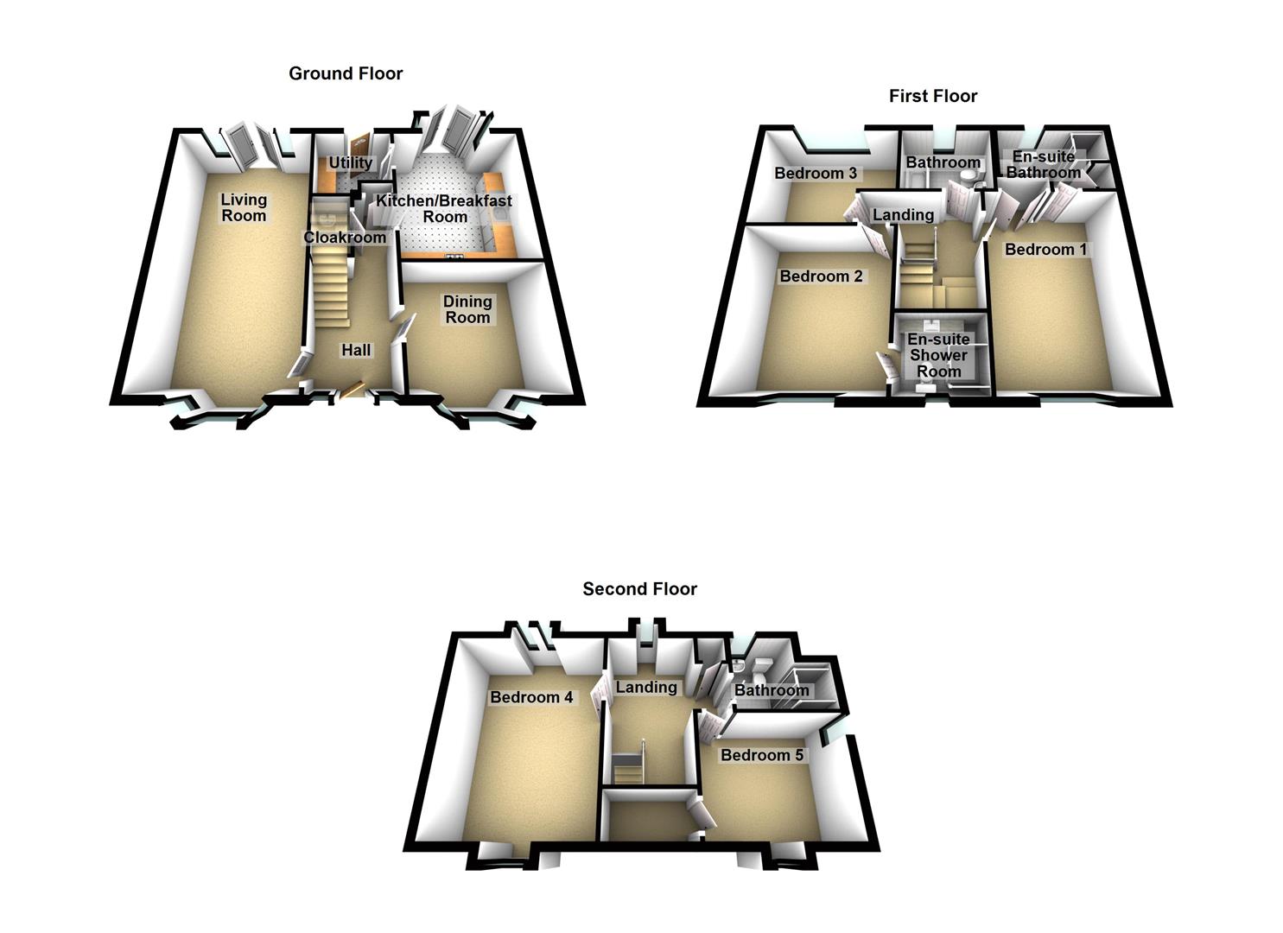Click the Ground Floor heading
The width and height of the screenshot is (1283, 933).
pos(346,73)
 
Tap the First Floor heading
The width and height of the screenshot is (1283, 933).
pos(933,96)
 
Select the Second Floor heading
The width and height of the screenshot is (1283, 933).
pos(639,589)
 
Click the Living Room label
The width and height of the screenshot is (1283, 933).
pos(244,207)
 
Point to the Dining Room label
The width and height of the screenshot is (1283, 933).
pos(467,309)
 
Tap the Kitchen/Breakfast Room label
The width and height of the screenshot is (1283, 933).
pos(444,208)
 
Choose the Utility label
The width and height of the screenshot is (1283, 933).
pos(350,162)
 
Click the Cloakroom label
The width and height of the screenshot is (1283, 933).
pos(345,237)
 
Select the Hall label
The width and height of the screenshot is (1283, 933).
pos(356,350)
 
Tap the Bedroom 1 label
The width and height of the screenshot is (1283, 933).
pos(1045,250)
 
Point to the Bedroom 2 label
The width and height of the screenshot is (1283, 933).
pos(821,276)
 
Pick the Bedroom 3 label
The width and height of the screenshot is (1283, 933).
pos(816,174)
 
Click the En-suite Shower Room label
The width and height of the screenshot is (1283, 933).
pos(938,355)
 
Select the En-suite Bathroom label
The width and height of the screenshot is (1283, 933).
pos(1044,165)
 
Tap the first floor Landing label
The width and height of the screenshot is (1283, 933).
pos(903,215)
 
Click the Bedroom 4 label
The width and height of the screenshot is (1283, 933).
pos(531,697)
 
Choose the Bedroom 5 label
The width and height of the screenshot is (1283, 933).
pos(762,755)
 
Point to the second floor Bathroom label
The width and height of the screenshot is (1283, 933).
pos(772,690)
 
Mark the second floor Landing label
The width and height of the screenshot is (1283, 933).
pos(646,688)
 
